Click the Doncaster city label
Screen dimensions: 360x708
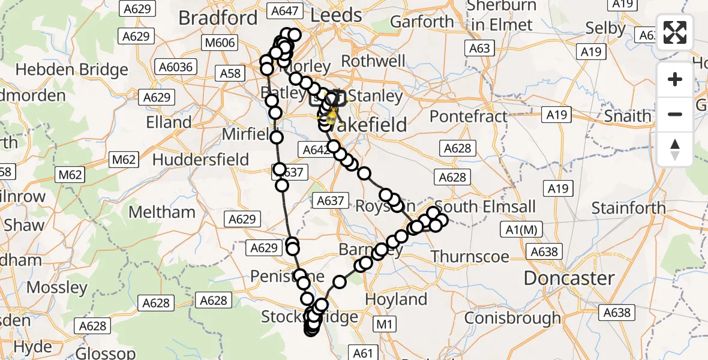point(569,278)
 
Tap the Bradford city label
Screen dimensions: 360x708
point(218,18)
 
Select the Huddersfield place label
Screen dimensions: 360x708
point(200,160)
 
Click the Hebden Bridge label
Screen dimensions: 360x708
point(72,70)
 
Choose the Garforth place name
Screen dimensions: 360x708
point(422,22)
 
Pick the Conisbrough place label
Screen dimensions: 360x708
point(512,317)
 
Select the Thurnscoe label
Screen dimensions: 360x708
point(470,257)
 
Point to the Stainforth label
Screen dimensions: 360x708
point(628,208)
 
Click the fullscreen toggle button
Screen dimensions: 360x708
point(676,32)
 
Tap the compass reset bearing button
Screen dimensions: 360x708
point(676,148)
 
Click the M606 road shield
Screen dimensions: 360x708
point(221,43)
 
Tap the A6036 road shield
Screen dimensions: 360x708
point(174,67)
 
